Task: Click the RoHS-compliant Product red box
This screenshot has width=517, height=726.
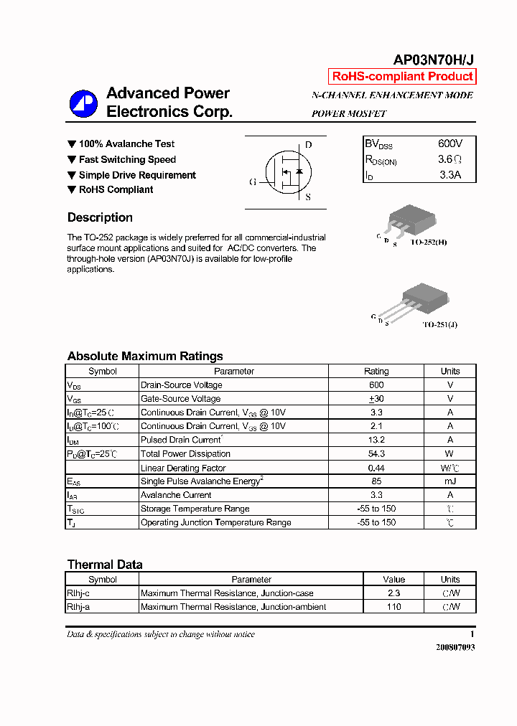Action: pyautogui.click(x=403, y=77)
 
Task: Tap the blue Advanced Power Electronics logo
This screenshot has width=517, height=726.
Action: pyautogui.click(x=83, y=104)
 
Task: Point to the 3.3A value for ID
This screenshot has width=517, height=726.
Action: pyautogui.click(x=450, y=174)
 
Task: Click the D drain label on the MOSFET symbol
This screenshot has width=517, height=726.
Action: pyautogui.click(x=308, y=145)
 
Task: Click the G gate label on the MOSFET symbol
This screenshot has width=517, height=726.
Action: pyautogui.click(x=253, y=182)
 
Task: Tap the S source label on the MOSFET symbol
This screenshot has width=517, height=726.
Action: pyautogui.click(x=308, y=197)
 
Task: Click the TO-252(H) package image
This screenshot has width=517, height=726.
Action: pyautogui.click(x=407, y=219)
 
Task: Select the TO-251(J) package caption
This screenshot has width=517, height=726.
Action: pyautogui.click(x=439, y=324)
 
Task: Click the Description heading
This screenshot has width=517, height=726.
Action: pyautogui.click(x=100, y=217)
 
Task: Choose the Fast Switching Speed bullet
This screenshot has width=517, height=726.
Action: pyautogui.click(x=121, y=160)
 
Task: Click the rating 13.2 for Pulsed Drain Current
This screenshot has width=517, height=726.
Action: pyautogui.click(x=376, y=440)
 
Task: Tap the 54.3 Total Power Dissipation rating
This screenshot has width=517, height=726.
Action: pyautogui.click(x=376, y=453)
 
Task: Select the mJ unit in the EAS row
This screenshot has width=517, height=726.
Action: pyautogui.click(x=450, y=481)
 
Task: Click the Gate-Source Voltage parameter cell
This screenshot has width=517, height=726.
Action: pyautogui.click(x=181, y=399)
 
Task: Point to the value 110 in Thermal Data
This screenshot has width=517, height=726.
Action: pyautogui.click(x=393, y=607)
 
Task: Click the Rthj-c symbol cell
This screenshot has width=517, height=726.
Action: pyautogui.click(x=78, y=593)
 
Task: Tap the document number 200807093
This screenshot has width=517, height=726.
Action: pyautogui.click(x=455, y=647)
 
